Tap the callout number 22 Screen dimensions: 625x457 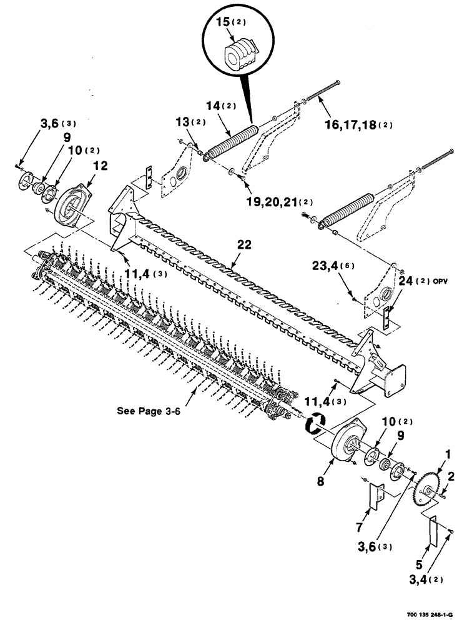click(244, 246)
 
